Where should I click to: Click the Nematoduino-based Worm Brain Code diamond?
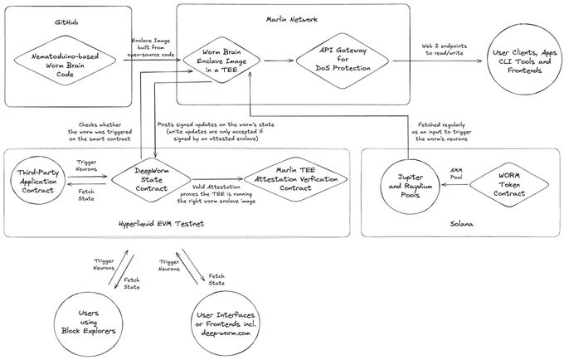coord(65,61)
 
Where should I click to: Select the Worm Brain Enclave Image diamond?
coord(221,61)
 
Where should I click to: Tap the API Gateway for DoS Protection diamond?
coord(342,61)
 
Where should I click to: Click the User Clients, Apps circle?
coord(525,61)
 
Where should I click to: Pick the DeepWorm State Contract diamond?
coord(151,179)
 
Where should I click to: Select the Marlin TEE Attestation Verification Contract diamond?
coord(296,178)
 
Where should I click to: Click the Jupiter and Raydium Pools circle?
coord(410,186)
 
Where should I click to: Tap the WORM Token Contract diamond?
coord(509,184)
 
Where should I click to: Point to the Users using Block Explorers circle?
coord(89,323)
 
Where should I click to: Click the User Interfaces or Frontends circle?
coord(226,324)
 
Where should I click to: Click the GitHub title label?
coord(66,22)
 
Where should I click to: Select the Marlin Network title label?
coord(292,19)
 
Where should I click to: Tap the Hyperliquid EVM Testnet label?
coord(161,223)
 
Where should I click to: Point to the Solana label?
coord(461,224)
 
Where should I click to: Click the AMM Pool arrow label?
coord(456,173)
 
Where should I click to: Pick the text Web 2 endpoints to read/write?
coord(445,49)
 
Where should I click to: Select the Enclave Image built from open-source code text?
coord(151,47)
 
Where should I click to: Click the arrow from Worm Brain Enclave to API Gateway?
coord(279,61)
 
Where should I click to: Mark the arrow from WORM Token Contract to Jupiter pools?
coord(455,185)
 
